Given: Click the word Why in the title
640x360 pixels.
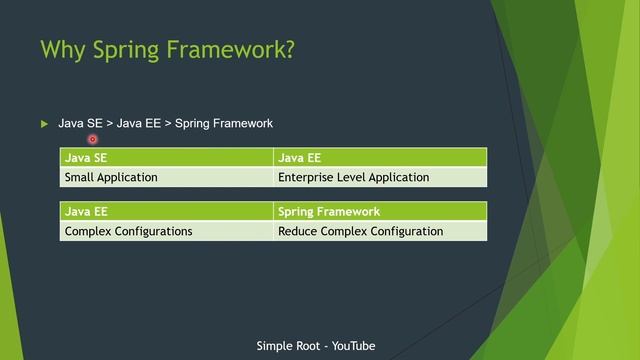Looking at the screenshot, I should pos(63,50).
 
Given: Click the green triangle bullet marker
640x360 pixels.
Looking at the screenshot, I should pos(44,124).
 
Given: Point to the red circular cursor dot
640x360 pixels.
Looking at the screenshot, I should pos(92,140).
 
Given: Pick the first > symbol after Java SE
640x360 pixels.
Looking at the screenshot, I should pos(109,123).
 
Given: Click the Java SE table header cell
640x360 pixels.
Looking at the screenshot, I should pos(166,157).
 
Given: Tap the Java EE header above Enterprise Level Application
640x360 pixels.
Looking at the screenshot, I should pos(380,157).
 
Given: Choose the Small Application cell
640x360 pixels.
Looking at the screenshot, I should pos(166,177).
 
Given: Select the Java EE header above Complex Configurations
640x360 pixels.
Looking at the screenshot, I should pos(166,211).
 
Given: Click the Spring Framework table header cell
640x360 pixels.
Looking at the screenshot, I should pos(380,211).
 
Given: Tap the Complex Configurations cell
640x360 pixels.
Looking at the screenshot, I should pos(166,231).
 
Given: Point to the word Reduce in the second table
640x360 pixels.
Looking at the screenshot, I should pos(299,231).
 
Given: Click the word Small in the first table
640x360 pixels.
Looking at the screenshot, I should pos(81,177).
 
